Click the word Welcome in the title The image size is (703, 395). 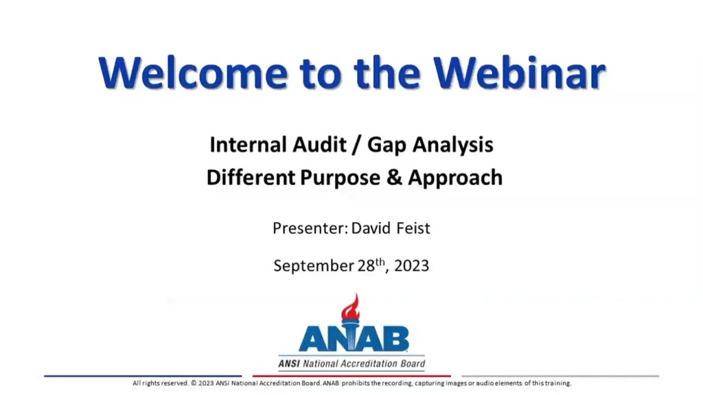(193, 73)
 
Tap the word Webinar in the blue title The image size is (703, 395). (519, 73)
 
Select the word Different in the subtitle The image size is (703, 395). (251, 178)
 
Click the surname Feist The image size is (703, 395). (413, 228)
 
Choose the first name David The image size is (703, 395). (371, 228)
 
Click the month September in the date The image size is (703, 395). (314, 266)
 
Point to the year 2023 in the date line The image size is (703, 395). (412, 266)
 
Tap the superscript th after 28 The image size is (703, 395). (380, 262)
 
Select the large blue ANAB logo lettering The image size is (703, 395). (354, 339)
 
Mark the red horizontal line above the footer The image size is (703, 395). (351, 376)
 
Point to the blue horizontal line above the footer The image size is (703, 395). (143, 376)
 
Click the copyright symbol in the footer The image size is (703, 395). (194, 383)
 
